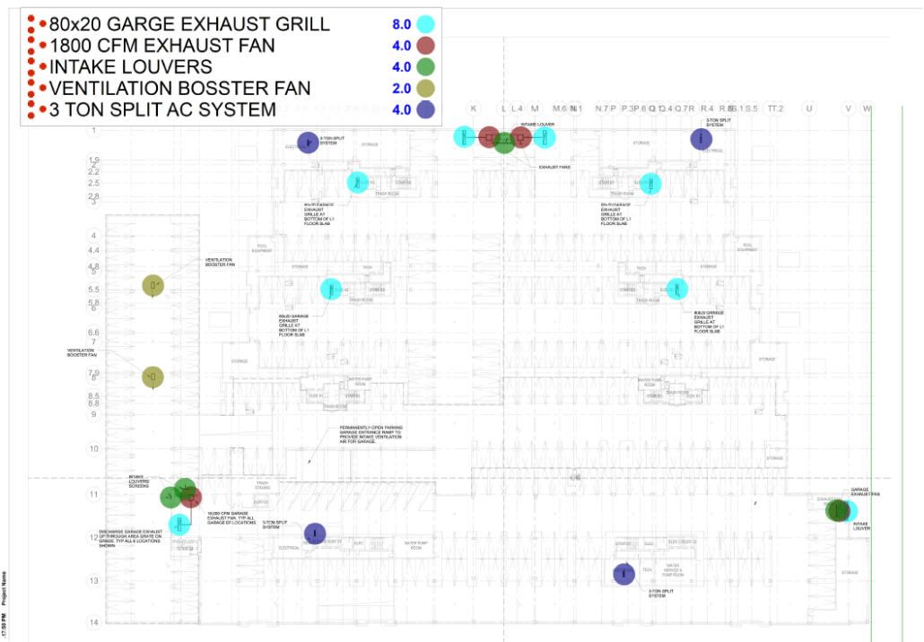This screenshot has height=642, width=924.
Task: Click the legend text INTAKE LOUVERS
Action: click(131, 67)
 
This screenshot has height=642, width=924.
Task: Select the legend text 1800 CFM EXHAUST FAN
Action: click(161, 46)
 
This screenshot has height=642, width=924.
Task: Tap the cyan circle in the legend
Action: click(425, 24)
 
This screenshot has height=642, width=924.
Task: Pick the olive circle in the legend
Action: click(425, 88)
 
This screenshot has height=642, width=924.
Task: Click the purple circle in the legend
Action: click(425, 110)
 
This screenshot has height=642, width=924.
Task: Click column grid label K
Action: click(473, 108)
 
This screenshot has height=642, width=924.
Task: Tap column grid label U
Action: click(809, 108)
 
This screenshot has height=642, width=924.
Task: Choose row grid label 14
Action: click(93, 622)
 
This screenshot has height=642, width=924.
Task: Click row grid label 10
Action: click(93, 448)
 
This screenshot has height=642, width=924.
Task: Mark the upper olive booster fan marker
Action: click(153, 286)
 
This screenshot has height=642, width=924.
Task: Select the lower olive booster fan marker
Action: click(153, 377)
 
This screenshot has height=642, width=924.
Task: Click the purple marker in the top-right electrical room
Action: click(702, 139)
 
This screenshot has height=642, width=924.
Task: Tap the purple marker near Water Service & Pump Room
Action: click(624, 575)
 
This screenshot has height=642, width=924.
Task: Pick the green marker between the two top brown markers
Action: click(504, 143)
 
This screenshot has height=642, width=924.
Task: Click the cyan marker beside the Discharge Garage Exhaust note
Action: click(179, 524)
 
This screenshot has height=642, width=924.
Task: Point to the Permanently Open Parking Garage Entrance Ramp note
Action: click(370, 436)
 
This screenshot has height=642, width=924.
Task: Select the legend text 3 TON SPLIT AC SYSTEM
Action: click(162, 110)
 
